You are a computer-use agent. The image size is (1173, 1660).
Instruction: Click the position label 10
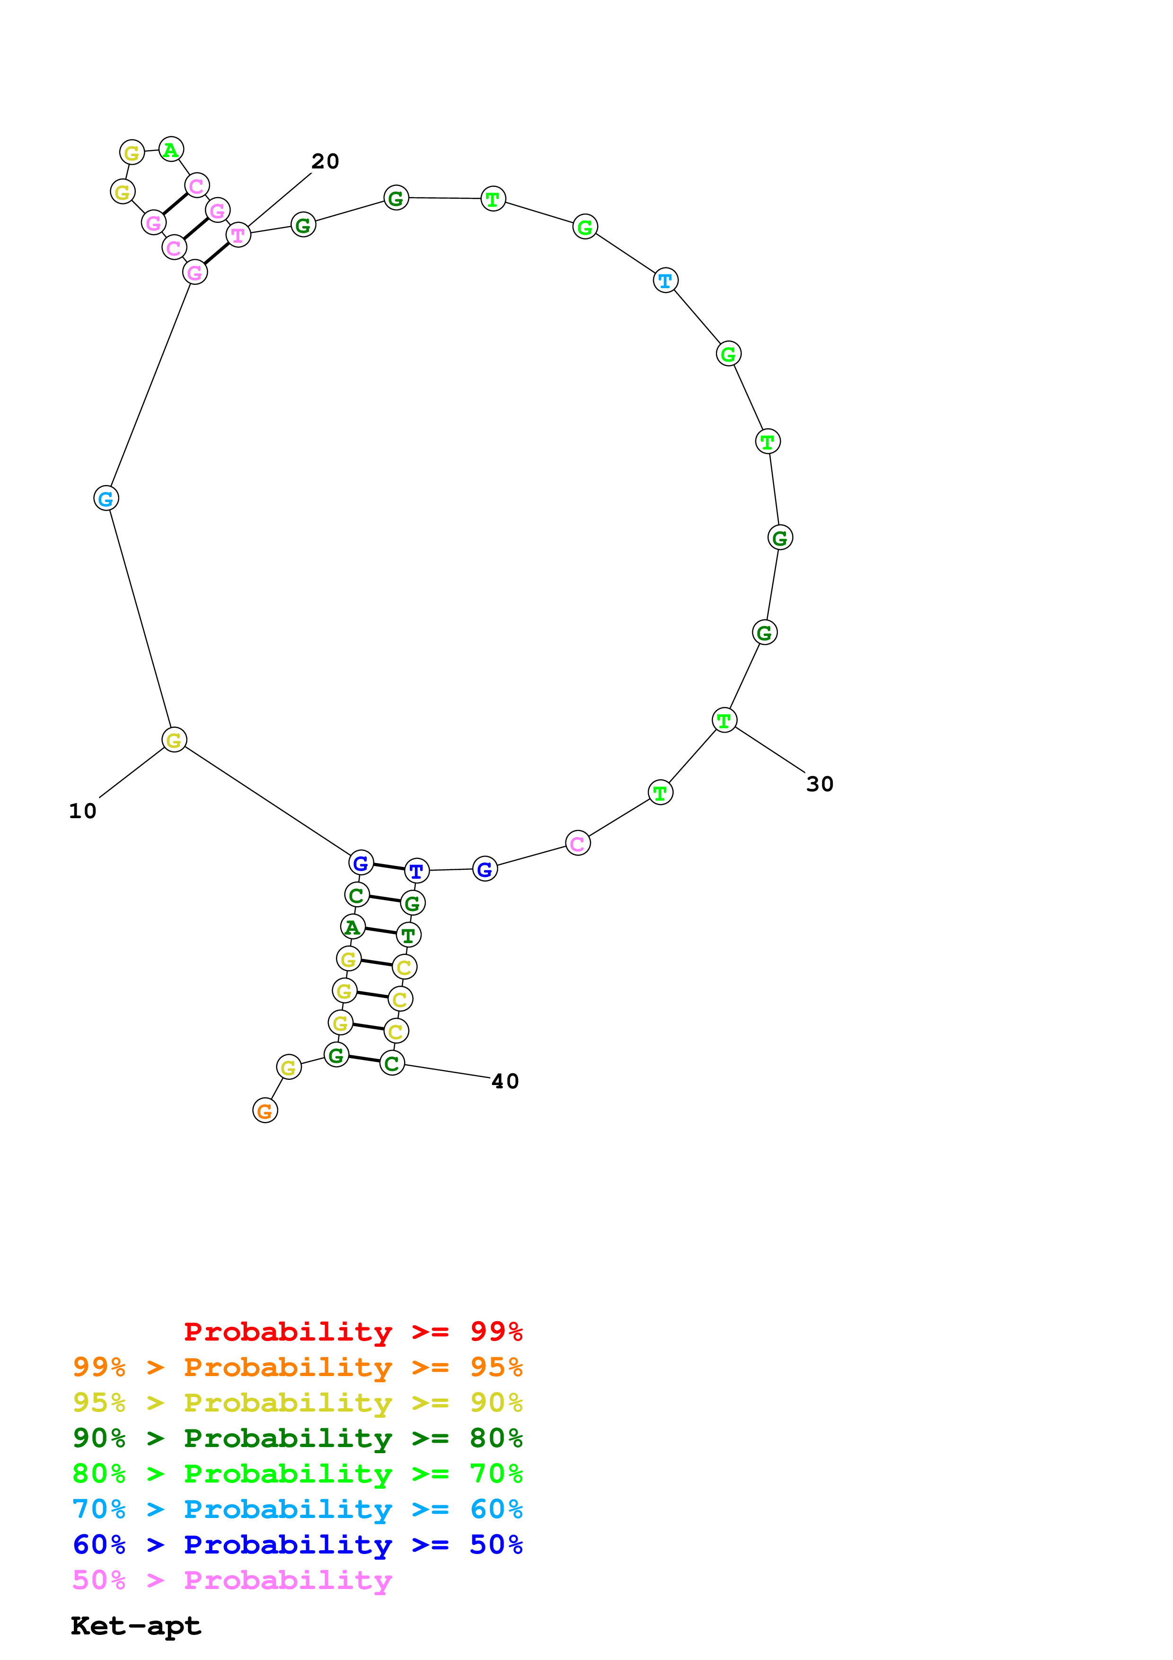(82, 811)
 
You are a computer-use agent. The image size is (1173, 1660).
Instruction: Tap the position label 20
(325, 161)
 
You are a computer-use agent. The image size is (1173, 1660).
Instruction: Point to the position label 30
(820, 785)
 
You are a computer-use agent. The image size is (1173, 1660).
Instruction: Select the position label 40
(505, 1082)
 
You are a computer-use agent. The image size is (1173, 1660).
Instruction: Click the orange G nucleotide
(265, 1111)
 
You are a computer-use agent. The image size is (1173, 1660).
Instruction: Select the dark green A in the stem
(353, 927)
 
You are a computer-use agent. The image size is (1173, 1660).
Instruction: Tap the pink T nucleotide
(238, 235)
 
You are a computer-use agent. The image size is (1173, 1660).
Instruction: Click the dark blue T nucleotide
(416, 871)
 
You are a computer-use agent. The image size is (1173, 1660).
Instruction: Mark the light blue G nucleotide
(106, 498)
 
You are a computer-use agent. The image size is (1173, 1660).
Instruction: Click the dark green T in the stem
(408, 936)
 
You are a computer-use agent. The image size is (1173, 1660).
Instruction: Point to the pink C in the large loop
(577, 843)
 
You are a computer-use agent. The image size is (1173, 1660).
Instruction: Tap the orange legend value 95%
(496, 1367)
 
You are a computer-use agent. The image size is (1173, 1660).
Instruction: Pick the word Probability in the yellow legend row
(288, 1403)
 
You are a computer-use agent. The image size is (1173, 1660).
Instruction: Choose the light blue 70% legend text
(99, 1509)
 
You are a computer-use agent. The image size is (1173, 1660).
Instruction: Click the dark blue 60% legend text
(99, 1545)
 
